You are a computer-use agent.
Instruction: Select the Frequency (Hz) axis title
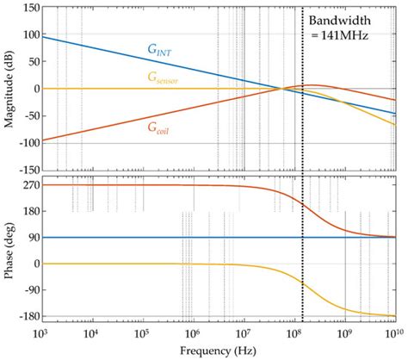pos(218,351)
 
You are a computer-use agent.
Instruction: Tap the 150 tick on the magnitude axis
pos(23,8)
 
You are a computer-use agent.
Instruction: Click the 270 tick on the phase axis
pos(23,185)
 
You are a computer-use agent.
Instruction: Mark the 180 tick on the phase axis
pos(23,212)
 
